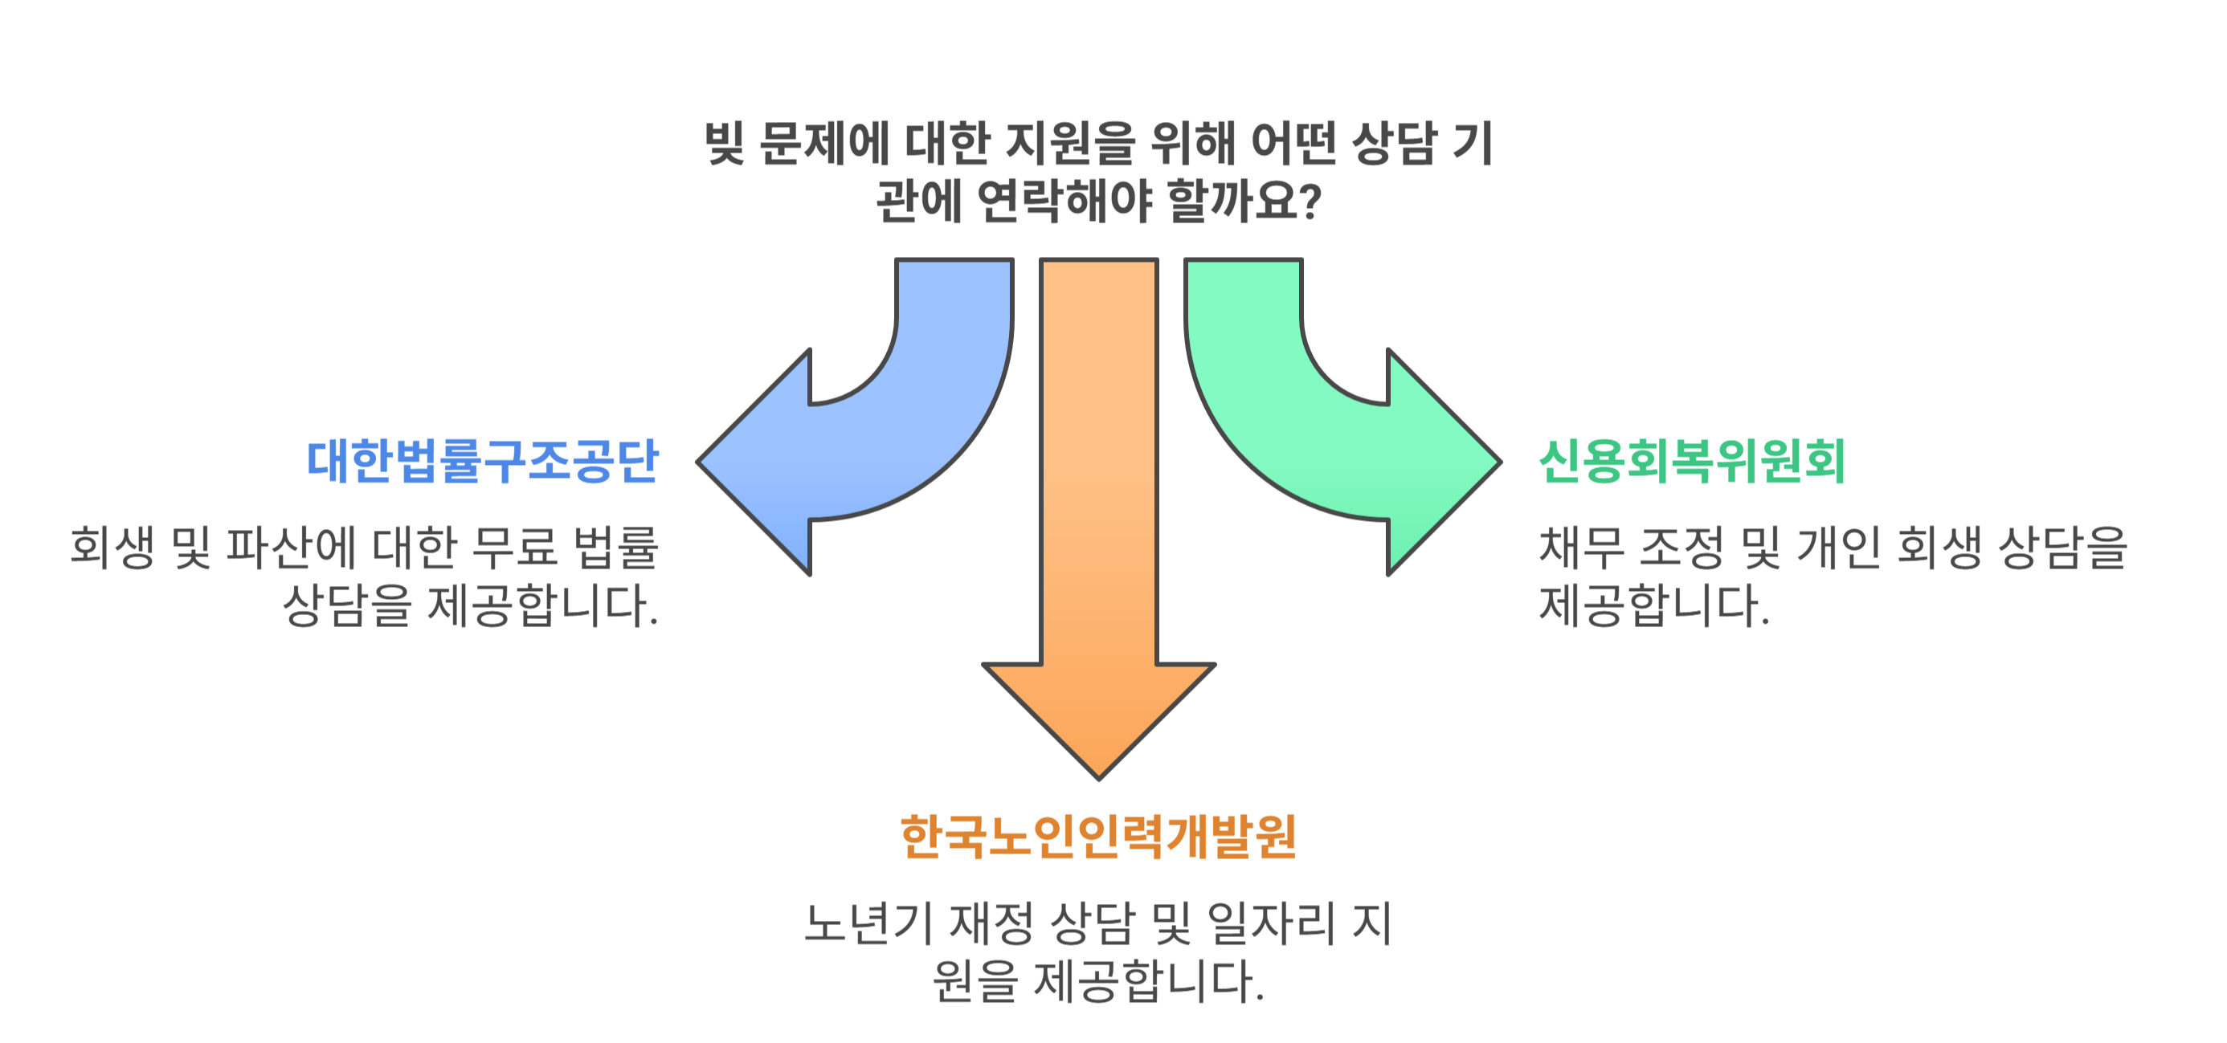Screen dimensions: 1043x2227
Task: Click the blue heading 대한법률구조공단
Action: [x=482, y=462]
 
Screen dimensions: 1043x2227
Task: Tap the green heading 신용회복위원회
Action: [x=1692, y=462]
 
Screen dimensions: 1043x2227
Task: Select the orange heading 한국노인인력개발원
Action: [x=1098, y=837]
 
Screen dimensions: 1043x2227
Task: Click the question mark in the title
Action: [x=1310, y=201]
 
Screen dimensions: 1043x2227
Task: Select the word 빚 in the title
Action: [x=725, y=143]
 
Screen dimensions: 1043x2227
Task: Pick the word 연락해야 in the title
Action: [x=1065, y=201]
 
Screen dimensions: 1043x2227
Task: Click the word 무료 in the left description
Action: [x=515, y=548]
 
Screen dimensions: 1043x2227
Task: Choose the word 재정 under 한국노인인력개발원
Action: [x=991, y=923]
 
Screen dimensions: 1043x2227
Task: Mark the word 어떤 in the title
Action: [x=1294, y=143]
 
